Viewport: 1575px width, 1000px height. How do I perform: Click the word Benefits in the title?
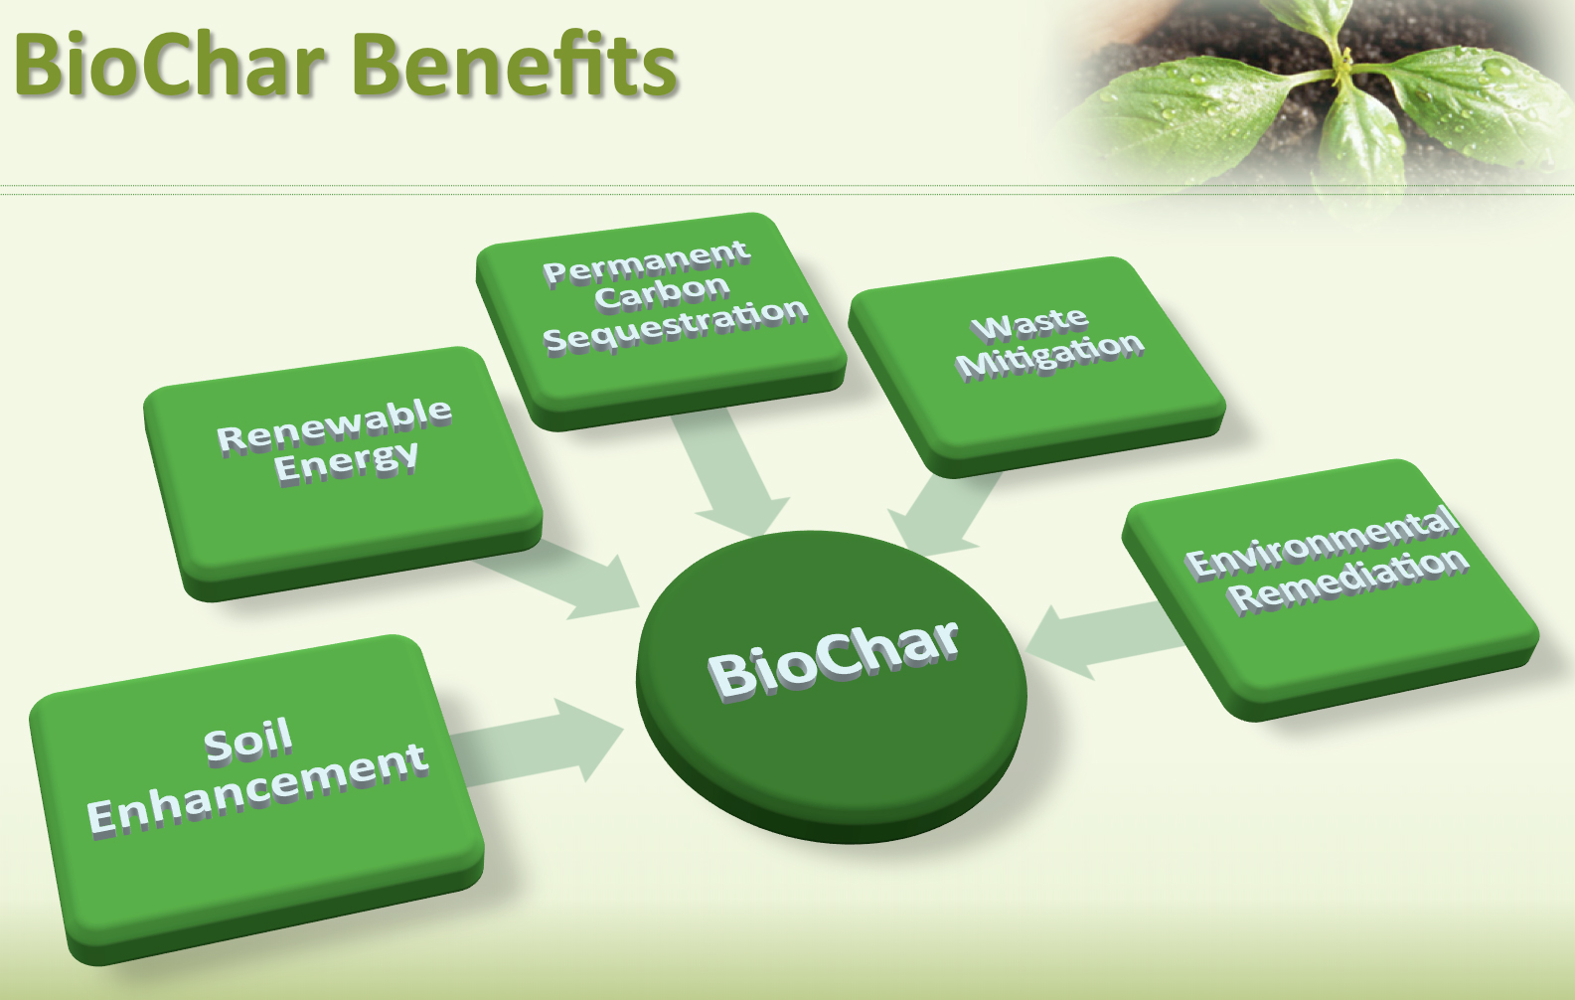(514, 65)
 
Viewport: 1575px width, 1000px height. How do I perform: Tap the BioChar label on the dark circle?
(833, 658)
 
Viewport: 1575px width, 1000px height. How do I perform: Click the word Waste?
(1029, 324)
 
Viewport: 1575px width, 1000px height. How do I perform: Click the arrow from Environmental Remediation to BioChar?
(1103, 636)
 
